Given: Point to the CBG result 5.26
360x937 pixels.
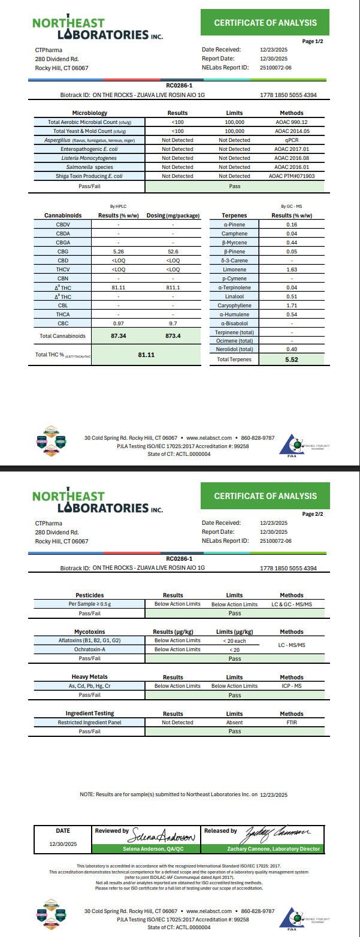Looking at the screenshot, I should coord(118,252).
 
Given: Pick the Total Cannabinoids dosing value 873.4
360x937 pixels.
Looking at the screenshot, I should coord(173,336).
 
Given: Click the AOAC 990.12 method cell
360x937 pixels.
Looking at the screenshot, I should coord(291,122).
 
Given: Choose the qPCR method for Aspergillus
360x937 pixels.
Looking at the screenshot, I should coord(291,140).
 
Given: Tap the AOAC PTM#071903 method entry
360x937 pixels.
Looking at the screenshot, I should coord(291,176).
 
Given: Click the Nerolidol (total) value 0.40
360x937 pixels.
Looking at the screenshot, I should coord(291,350).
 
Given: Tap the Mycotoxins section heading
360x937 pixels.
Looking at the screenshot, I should coord(89,631).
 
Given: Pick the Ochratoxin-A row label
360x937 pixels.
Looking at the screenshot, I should coord(89,649).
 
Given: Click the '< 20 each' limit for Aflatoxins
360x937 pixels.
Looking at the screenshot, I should coord(234,641).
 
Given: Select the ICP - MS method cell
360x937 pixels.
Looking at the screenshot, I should coord(291,686).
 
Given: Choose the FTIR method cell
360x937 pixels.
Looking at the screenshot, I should coord(291,723).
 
